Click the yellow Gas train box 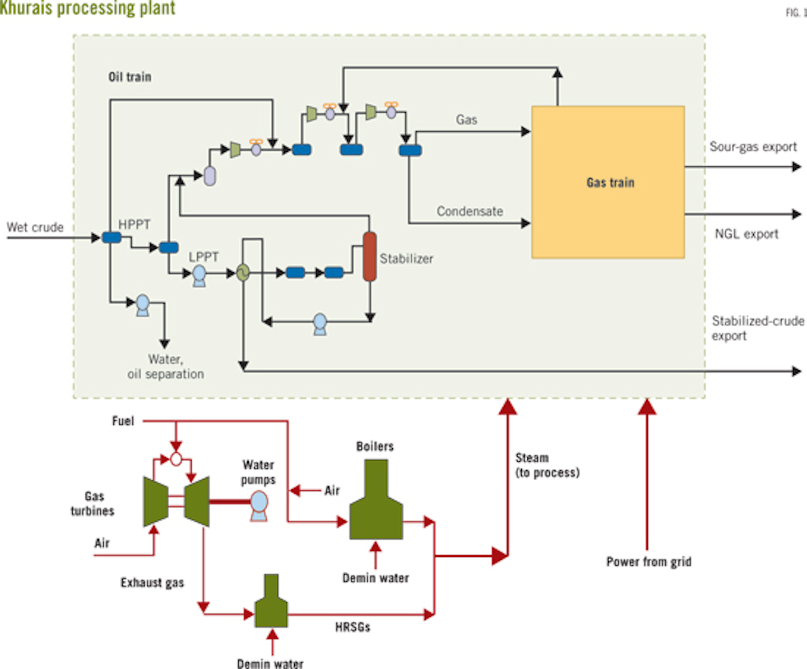click(x=608, y=182)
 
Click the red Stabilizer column click(x=369, y=256)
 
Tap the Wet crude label click(x=35, y=227)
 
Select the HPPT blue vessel click(x=112, y=238)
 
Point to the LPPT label click(x=203, y=257)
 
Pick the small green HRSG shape click(x=271, y=604)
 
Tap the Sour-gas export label click(x=753, y=147)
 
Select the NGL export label click(x=746, y=234)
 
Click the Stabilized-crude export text click(x=757, y=328)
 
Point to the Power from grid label click(x=648, y=561)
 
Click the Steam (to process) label click(x=547, y=465)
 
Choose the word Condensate click(x=470, y=211)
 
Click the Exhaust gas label click(x=152, y=583)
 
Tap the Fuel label click(x=123, y=421)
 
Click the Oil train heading click(x=129, y=77)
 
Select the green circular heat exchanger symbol click(x=243, y=273)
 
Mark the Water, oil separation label click(x=165, y=366)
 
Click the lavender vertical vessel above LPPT click(x=210, y=176)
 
